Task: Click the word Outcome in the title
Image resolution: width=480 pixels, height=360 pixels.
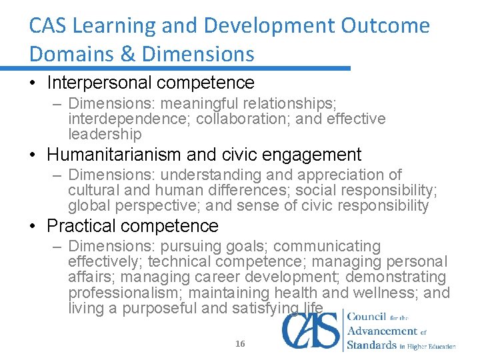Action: pyautogui.click(x=386, y=26)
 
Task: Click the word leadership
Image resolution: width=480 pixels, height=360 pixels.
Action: pyautogui.click(x=105, y=134)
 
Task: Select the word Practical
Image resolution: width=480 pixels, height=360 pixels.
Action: pyautogui.click(x=81, y=226)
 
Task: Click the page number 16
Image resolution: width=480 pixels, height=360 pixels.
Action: pyautogui.click(x=240, y=343)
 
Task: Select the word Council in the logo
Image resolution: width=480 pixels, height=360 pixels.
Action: pyautogui.click(x=368, y=316)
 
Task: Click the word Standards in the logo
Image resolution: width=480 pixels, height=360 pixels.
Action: pyautogui.click(x=372, y=345)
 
